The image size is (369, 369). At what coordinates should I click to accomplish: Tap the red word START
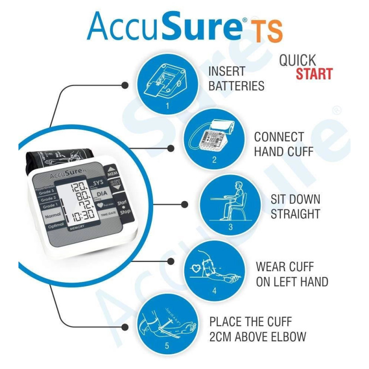314,74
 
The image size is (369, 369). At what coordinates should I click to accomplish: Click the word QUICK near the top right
298,60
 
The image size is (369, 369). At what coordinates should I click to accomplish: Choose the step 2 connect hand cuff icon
214,137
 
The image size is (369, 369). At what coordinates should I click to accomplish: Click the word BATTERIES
237,86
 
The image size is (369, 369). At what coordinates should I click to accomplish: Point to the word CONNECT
279,137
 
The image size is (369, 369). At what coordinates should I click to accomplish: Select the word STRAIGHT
295,214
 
